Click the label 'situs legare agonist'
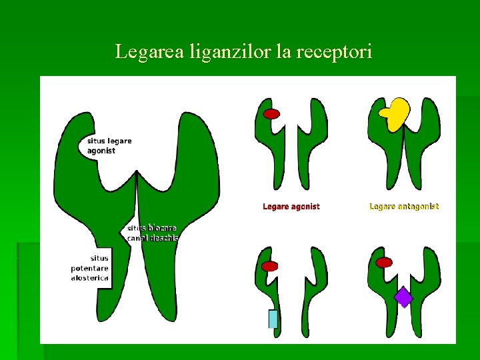click(x=109, y=145)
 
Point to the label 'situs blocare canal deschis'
click(x=153, y=233)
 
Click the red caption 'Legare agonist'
click(x=291, y=207)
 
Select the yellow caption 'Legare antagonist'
click(x=404, y=207)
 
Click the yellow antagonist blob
click(x=395, y=113)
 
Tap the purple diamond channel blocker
click(x=403, y=297)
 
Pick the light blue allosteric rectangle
click(x=273, y=319)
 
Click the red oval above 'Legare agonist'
click(x=271, y=114)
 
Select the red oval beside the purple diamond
click(x=384, y=263)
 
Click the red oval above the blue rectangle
click(x=270, y=266)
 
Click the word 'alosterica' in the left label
click(x=90, y=278)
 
